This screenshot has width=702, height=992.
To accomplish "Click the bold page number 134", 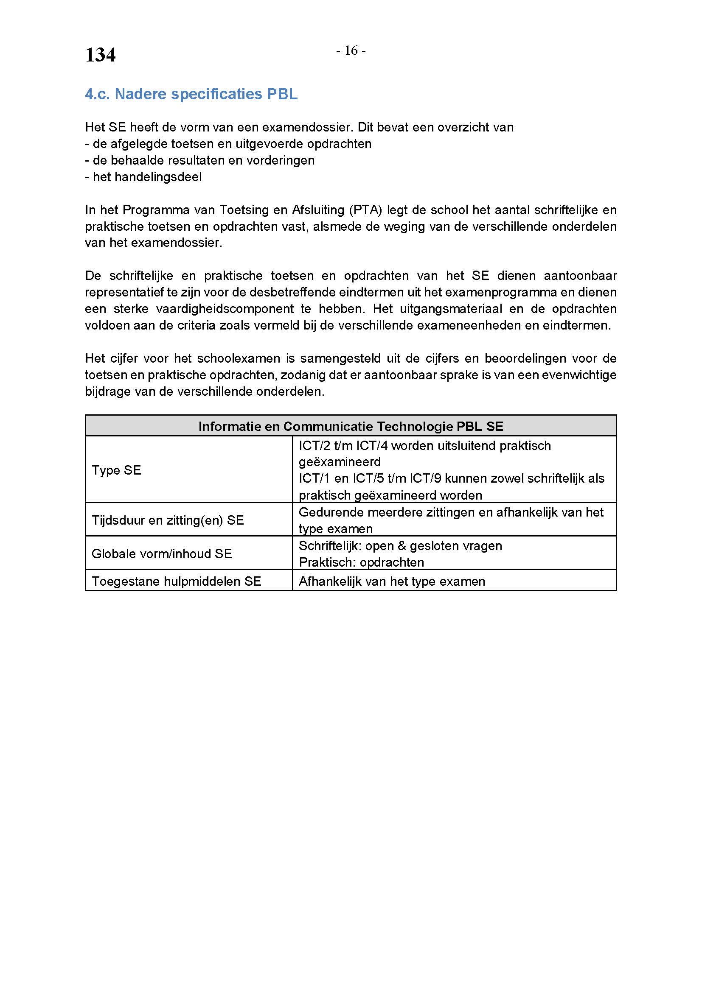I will (100, 55).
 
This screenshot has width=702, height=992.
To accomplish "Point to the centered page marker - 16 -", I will (351, 51).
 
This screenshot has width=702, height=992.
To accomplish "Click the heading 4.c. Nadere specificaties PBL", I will (191, 94).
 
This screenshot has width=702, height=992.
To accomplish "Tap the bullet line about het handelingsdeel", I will (143, 177).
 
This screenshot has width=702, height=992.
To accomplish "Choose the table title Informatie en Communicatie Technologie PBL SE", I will (351, 426).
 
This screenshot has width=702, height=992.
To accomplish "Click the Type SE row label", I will (116, 470).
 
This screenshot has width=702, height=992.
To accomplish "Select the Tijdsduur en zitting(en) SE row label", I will (168, 520).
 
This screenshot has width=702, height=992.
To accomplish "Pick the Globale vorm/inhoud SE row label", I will (162, 554).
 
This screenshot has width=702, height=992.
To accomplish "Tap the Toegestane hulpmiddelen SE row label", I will (177, 581).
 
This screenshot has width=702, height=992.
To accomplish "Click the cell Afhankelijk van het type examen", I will (392, 581).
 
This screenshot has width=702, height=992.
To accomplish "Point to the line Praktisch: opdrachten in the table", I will (361, 562).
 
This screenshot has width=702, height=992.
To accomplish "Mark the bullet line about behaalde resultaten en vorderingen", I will (200, 160).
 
